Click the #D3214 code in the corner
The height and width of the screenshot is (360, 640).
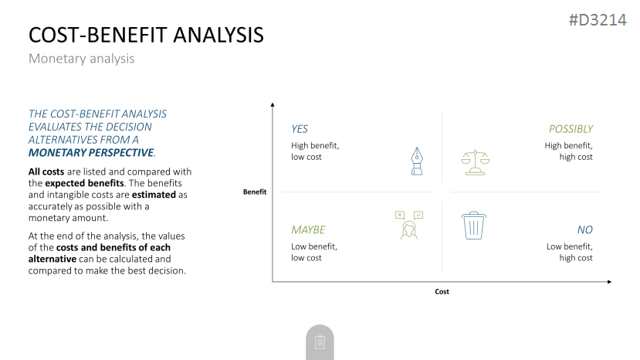598,20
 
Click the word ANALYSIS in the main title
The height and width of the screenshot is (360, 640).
218,35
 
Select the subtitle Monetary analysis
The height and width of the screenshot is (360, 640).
81,59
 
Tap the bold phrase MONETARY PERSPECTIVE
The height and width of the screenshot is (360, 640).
91,152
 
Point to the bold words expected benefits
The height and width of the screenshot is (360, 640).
84,183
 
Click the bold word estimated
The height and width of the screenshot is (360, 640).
154,195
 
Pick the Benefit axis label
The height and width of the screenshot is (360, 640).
255,192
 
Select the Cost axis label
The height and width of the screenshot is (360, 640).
442,291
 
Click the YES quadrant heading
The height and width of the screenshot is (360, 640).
300,129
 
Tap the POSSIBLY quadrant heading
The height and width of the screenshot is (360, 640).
571,129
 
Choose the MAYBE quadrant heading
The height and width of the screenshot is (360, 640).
308,229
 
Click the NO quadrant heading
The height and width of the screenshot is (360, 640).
585,229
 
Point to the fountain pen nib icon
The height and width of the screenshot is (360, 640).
417,161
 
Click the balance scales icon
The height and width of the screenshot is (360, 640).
475,162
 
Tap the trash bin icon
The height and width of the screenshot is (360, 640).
473,225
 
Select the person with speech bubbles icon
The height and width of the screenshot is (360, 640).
409,225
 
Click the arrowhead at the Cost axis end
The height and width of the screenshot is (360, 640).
609,281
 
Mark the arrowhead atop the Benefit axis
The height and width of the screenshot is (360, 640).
273,105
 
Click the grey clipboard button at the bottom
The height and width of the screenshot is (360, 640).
320,342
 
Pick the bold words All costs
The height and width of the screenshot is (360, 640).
46,172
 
